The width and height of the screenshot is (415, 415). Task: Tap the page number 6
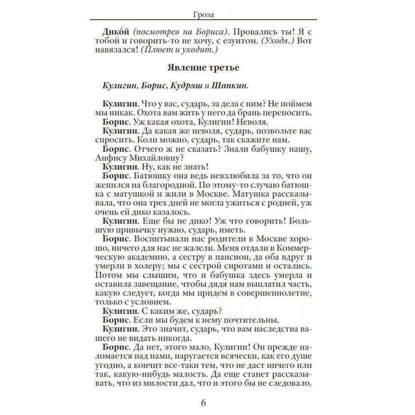pyautogui.click(x=203, y=403)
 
